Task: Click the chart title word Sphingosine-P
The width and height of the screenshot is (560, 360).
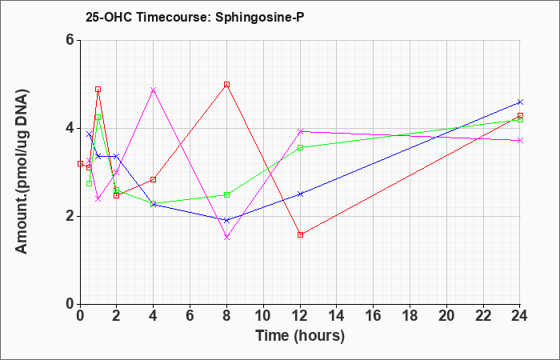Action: coord(260,17)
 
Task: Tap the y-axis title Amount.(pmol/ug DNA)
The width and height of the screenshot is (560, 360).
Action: coord(22,171)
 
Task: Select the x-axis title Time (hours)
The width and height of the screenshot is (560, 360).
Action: coord(300,336)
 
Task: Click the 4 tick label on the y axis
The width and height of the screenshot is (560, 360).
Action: coord(70,128)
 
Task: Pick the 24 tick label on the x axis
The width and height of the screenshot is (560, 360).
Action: coord(520,315)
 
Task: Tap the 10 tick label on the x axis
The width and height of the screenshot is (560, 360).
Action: coord(263,315)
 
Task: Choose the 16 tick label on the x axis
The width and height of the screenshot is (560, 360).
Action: coord(374,315)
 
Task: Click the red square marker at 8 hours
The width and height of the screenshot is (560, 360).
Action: coord(226,85)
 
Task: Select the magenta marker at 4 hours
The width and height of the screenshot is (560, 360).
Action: coord(154,90)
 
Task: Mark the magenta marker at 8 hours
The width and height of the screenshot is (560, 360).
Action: coord(226,237)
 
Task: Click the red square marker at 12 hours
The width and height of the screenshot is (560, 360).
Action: coord(300,234)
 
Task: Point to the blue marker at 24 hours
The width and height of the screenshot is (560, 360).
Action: coord(520,102)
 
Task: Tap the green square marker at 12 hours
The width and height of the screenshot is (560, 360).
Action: coord(300,147)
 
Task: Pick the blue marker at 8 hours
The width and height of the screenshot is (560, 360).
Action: coord(226,220)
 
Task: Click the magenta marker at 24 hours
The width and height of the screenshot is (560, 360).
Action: coord(520,140)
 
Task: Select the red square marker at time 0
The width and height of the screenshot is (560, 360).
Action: coord(80,163)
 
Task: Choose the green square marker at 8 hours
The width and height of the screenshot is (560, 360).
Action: coord(226,194)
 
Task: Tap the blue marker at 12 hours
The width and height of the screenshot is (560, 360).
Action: coord(300,194)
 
